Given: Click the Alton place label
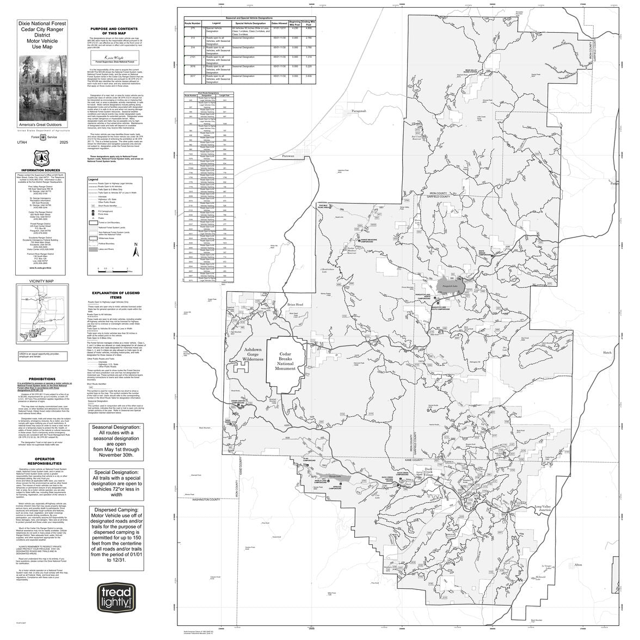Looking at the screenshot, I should point(578,565).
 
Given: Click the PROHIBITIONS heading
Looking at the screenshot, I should point(42,379).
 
